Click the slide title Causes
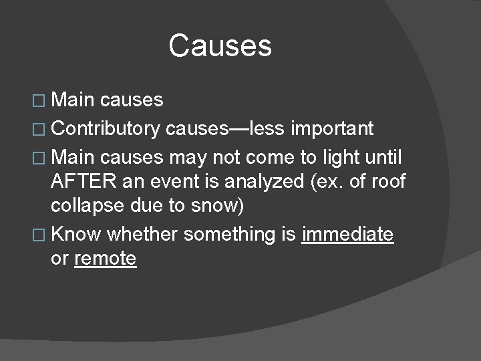pos(220,46)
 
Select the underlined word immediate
pos(347,235)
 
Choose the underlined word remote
pos(106,259)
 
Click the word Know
pos(76,235)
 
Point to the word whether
pos(142,235)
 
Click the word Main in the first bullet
pos(73,100)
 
